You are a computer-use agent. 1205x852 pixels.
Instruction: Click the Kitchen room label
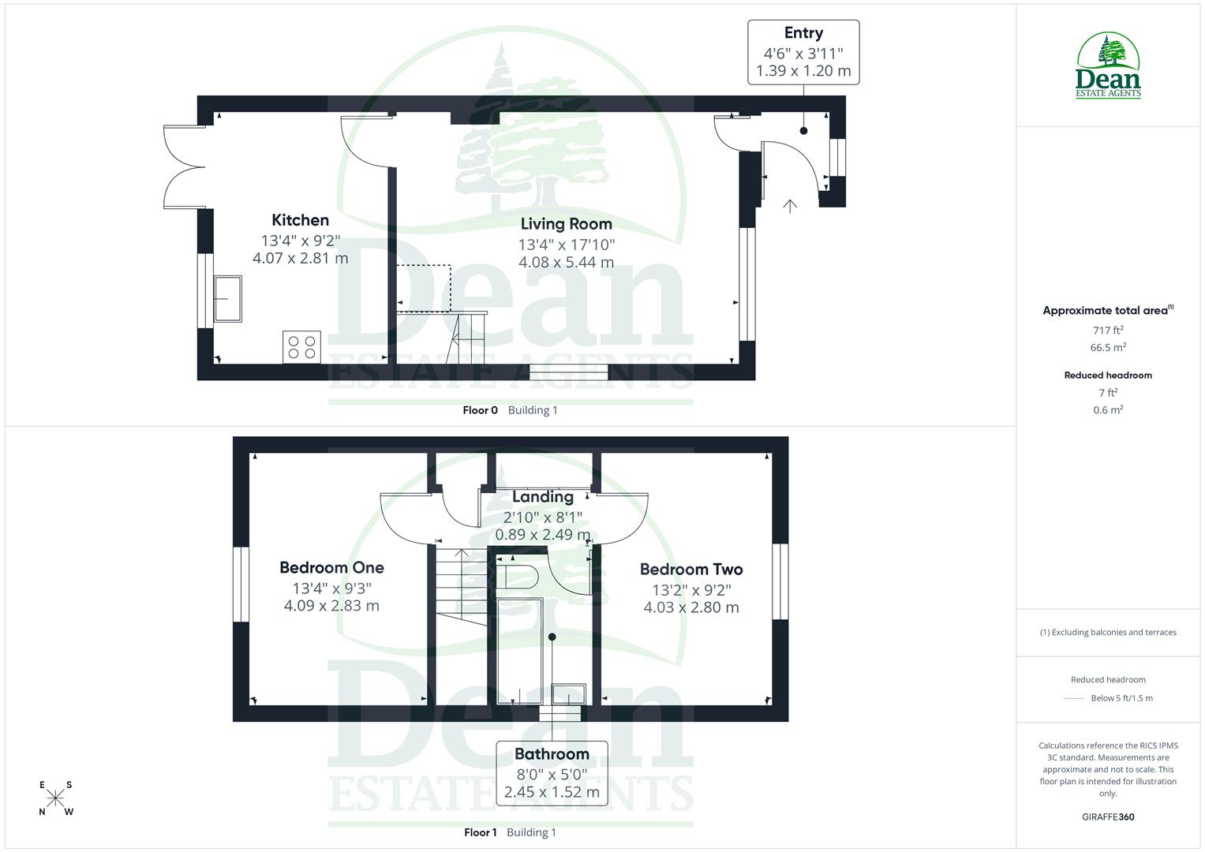(300, 220)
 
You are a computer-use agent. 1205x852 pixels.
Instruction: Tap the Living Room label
(566, 224)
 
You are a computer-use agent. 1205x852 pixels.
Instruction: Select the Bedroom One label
(331, 567)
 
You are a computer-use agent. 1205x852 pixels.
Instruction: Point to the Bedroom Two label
(691, 569)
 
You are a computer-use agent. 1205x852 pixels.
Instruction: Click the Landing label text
(542, 497)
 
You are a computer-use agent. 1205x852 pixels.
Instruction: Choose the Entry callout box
(803, 52)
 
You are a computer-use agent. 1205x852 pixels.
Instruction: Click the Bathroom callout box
(552, 773)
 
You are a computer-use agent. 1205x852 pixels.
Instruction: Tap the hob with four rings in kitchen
(301, 347)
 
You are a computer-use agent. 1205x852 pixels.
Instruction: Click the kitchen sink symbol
(228, 299)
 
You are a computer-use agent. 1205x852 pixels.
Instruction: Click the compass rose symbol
(55, 798)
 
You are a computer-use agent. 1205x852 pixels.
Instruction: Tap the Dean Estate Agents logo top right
(1108, 66)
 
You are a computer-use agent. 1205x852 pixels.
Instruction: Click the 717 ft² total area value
(1108, 331)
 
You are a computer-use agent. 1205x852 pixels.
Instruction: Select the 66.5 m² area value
(1108, 348)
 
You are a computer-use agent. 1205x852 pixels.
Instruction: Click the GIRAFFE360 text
(1108, 817)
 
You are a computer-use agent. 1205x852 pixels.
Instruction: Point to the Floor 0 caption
(481, 410)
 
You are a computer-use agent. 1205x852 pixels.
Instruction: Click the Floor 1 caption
(481, 832)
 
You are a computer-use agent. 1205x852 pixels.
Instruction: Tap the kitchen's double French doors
(183, 166)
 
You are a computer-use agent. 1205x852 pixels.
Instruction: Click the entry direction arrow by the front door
(790, 206)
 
